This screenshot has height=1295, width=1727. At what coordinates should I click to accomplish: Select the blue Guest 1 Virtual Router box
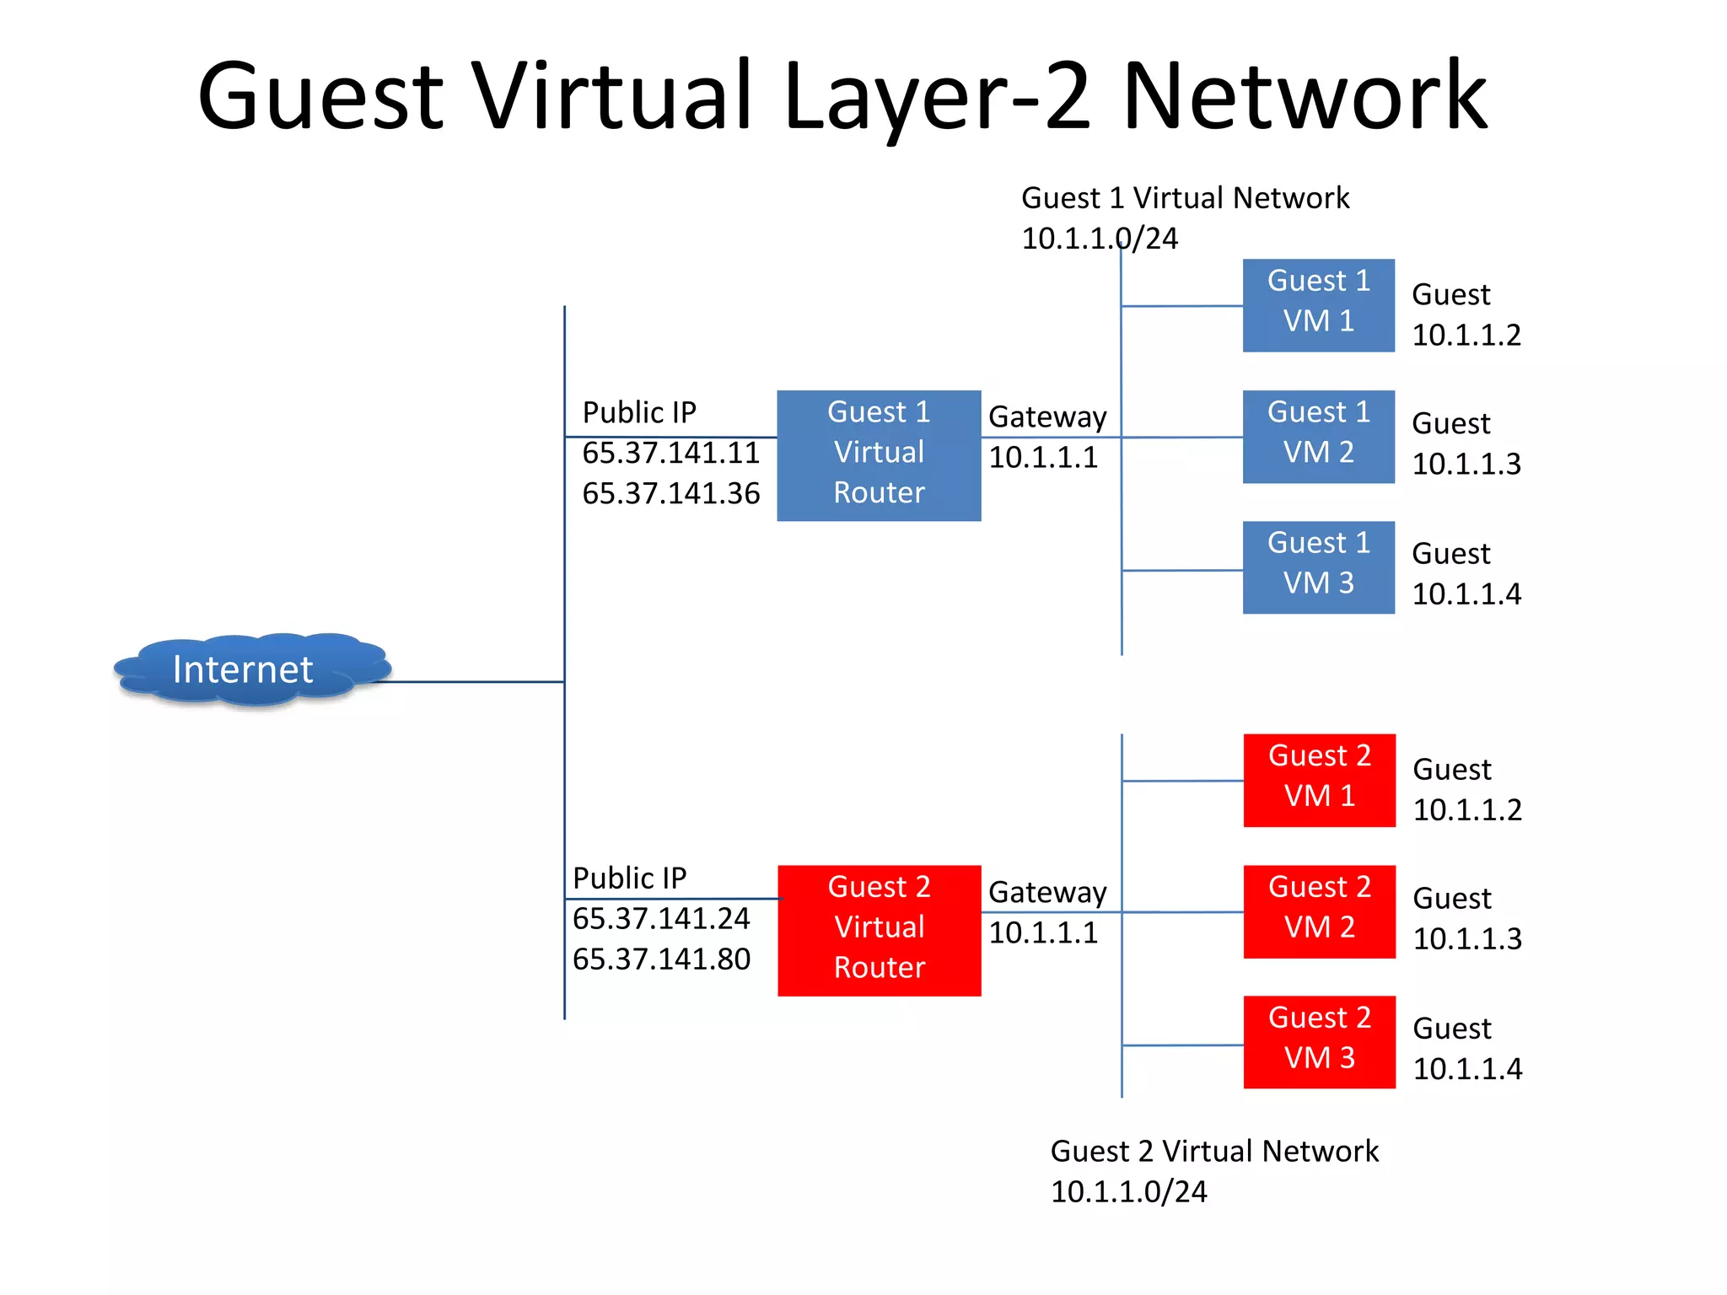pyautogui.click(x=879, y=455)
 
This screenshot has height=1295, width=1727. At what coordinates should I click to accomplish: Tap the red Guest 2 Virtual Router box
pyautogui.click(x=879, y=930)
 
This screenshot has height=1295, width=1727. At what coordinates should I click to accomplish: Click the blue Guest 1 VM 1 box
pyautogui.click(x=1318, y=305)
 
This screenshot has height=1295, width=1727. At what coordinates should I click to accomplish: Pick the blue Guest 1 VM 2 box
pyautogui.click(x=1318, y=436)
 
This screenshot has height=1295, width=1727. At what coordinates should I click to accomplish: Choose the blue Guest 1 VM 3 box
pyautogui.click(x=1318, y=567)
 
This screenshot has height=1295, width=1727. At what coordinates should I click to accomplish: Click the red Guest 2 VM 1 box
pyautogui.click(x=1319, y=780)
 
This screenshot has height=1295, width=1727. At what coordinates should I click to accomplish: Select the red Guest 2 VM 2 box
pyautogui.click(x=1319, y=911)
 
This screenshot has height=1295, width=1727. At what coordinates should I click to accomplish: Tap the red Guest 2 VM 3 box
pyautogui.click(x=1319, y=1042)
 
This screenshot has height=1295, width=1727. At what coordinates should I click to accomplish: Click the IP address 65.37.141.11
pyautogui.click(x=671, y=454)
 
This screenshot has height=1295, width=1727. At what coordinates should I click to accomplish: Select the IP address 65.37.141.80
pyautogui.click(x=661, y=959)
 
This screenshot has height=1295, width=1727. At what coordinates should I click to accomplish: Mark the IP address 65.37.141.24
pyautogui.click(x=661, y=919)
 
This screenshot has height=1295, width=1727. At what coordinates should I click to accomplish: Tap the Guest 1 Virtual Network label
pyautogui.click(x=1185, y=199)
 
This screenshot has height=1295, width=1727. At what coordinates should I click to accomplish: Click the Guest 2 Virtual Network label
pyautogui.click(x=1214, y=1152)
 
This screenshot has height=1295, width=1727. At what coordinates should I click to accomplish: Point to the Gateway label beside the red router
pyautogui.click(x=1047, y=892)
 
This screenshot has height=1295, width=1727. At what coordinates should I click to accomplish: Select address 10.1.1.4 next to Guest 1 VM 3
pyautogui.click(x=1466, y=594)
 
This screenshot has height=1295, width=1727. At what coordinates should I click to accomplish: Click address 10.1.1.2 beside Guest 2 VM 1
pyautogui.click(x=1467, y=810)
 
